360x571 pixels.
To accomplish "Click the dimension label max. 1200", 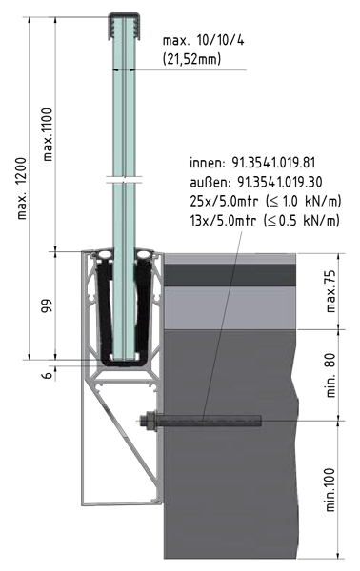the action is pyautogui.click(x=22, y=187).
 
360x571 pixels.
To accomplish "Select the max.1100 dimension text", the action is pyautogui.click(x=48, y=134).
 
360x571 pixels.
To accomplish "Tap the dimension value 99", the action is pyautogui.click(x=48, y=305).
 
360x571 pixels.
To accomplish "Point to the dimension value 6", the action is pyautogui.click(x=48, y=375).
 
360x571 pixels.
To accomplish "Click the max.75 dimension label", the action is pyautogui.click(x=331, y=292).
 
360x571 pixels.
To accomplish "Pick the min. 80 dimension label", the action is pyautogui.click(x=330, y=375).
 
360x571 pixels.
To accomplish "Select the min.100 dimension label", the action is pyautogui.click(x=330, y=490).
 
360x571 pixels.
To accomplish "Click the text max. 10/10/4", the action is pyautogui.click(x=203, y=40).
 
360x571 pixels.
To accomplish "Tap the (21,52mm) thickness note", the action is pyautogui.click(x=191, y=58).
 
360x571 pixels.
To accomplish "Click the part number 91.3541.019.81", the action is pyautogui.click(x=273, y=163).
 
